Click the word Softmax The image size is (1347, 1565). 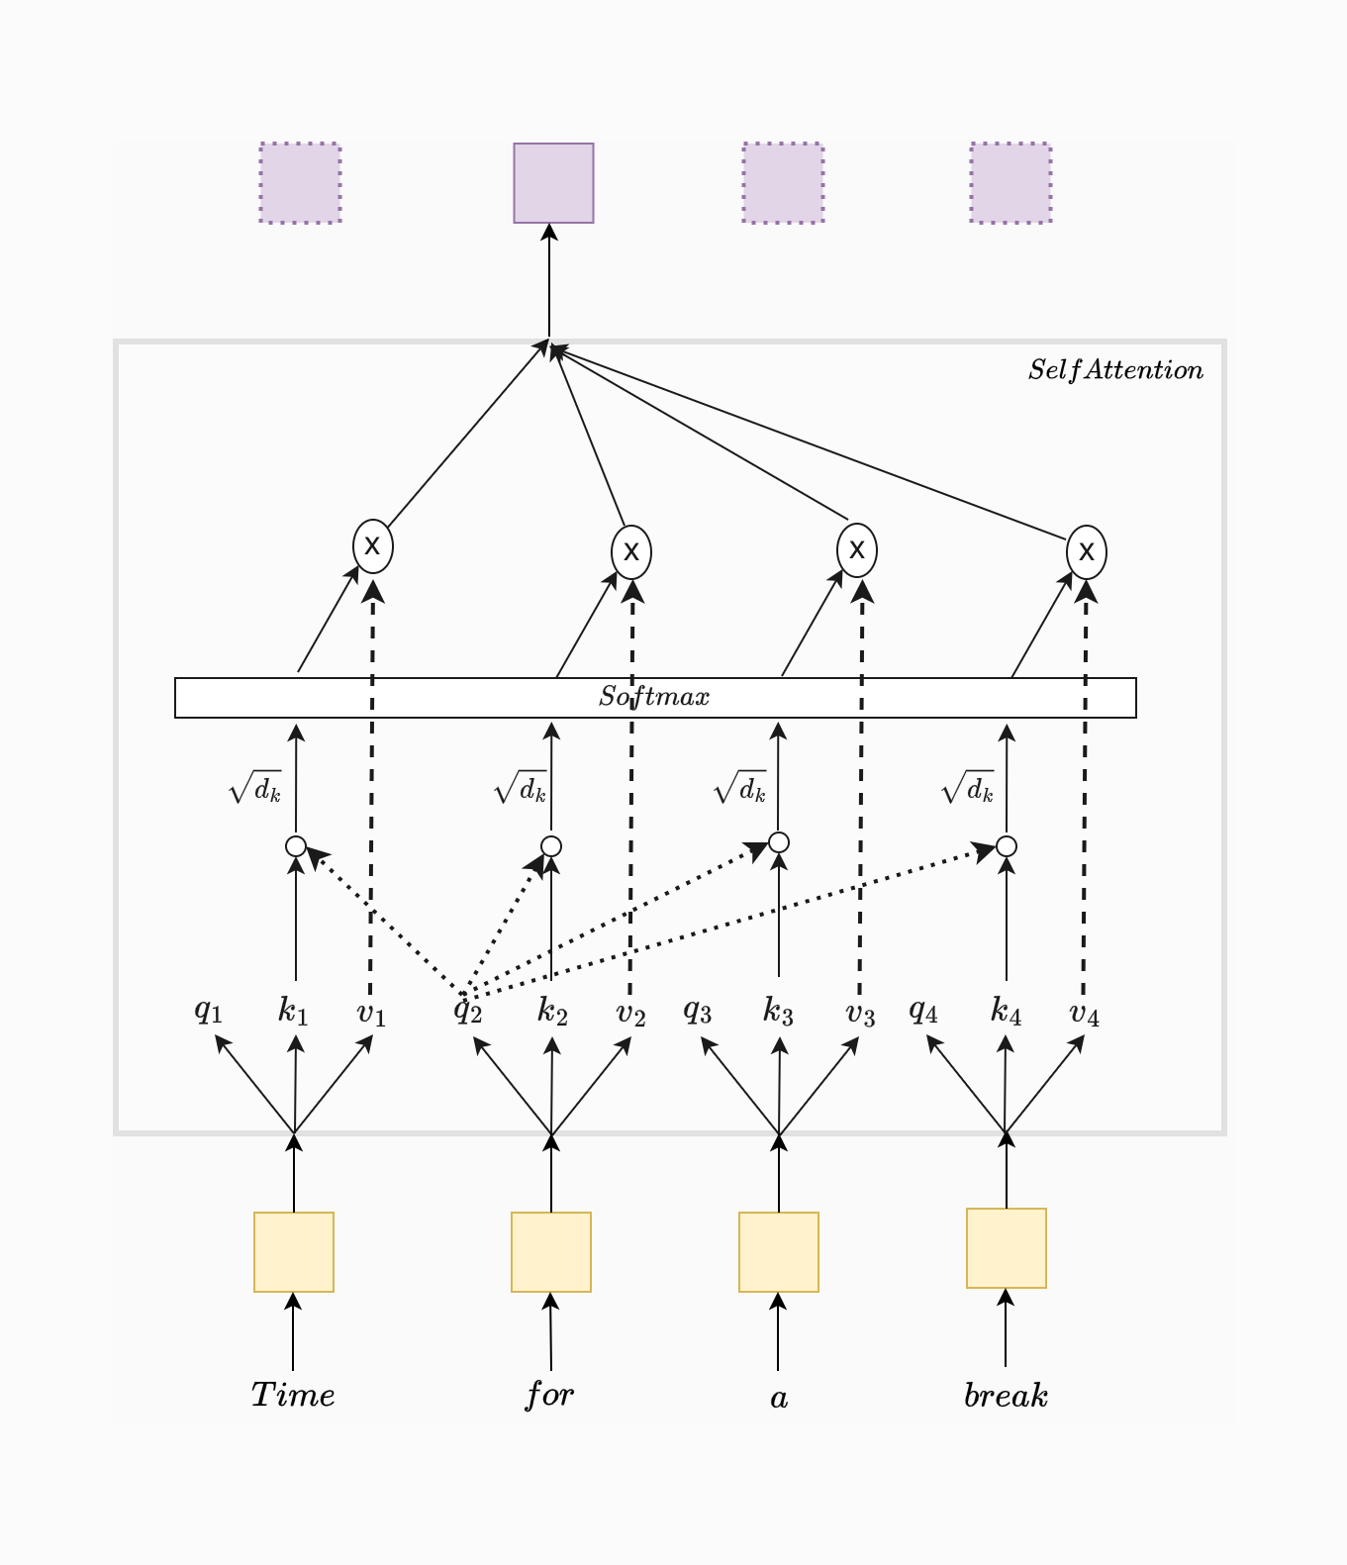[654, 697]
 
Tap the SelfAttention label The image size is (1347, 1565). [1115, 370]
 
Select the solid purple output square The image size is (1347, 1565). [553, 183]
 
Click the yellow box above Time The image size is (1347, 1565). [294, 1252]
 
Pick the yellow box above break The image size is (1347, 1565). [1007, 1248]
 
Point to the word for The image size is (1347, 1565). [549, 1395]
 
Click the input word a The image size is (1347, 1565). [779, 1398]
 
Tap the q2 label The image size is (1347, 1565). [468, 1011]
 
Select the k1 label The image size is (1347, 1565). [293, 1011]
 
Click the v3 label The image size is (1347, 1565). [860, 1014]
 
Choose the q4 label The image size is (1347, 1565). [922, 1011]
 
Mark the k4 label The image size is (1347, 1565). [1006, 1011]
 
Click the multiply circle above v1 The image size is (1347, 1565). [373, 545]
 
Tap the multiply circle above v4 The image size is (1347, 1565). [1087, 551]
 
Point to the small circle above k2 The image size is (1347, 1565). [551, 846]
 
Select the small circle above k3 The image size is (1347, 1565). [779, 842]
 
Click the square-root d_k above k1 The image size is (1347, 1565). [255, 788]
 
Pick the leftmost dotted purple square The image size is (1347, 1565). [301, 183]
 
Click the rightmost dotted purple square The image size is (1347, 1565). [1010, 183]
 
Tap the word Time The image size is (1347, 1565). [293, 1395]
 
